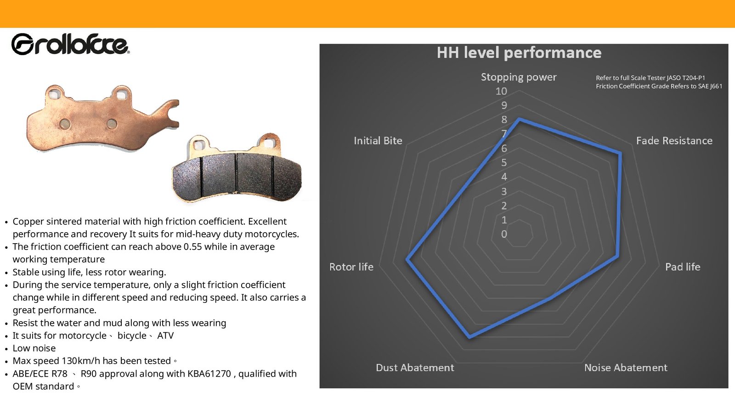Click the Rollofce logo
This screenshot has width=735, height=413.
tap(70, 44)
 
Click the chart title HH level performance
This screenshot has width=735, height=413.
tap(519, 53)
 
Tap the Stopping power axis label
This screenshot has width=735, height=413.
tap(519, 77)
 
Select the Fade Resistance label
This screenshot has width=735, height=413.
tap(674, 140)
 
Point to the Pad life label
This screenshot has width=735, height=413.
tap(683, 267)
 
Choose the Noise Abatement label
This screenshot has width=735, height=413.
tap(626, 368)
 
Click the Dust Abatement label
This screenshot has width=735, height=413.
tap(415, 368)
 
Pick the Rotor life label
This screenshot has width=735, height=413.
tap(351, 267)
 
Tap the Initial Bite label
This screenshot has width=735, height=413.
tap(378, 140)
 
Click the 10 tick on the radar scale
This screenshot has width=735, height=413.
tap(501, 91)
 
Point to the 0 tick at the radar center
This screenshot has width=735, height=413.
tap(504, 234)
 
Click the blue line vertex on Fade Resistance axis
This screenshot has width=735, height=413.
tap(620, 153)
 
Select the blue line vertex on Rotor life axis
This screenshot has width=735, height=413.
tap(407, 260)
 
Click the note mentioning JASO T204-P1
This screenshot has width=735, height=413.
tap(650, 78)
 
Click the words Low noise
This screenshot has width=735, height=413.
tap(34, 348)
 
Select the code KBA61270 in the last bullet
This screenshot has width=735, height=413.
tap(209, 374)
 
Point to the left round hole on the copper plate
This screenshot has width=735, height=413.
tap(65, 124)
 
